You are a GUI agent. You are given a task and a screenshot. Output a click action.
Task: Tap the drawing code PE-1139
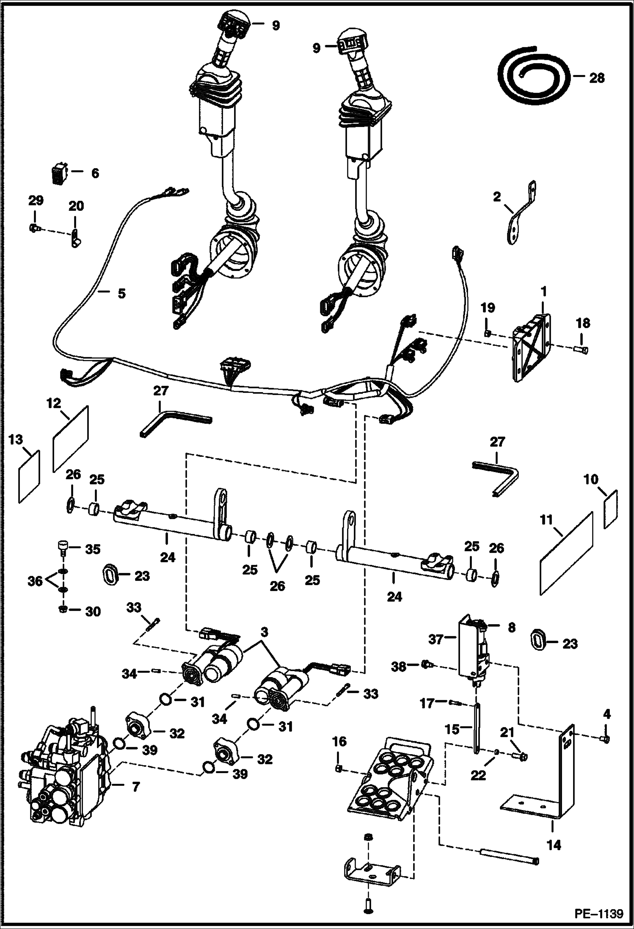tap(598, 913)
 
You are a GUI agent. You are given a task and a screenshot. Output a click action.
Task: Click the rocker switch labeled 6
tap(58, 174)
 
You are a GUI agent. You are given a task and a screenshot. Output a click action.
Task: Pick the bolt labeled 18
tap(582, 348)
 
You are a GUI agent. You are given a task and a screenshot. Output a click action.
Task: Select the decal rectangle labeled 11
tap(566, 553)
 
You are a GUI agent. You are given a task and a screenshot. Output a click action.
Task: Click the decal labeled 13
tap(29, 476)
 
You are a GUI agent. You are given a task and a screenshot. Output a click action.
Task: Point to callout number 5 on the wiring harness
tap(121, 293)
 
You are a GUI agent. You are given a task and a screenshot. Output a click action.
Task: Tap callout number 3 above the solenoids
tap(264, 633)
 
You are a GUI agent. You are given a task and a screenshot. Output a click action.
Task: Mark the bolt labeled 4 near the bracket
tap(606, 738)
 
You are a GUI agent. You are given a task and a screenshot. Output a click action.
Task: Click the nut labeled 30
tap(62, 609)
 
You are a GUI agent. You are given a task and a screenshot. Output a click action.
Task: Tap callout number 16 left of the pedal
tap(339, 741)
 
